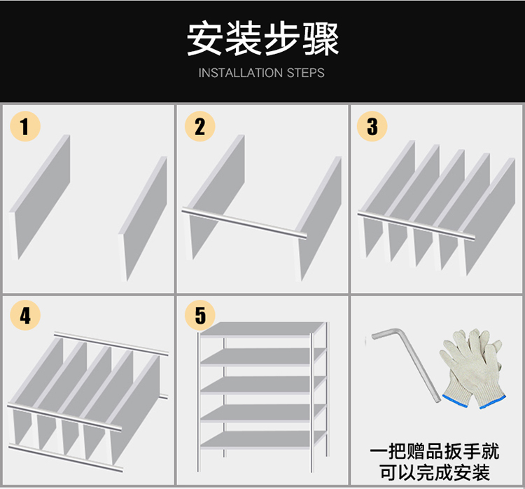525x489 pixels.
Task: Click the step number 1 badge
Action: tap(25, 127)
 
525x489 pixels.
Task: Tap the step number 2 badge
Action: tap(200, 127)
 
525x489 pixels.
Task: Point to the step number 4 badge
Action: tap(25, 315)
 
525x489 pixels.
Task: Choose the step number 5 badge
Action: tap(200, 315)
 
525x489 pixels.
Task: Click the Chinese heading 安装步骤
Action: tap(262, 39)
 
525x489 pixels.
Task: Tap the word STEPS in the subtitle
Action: tap(306, 73)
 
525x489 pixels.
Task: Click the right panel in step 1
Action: tap(144, 217)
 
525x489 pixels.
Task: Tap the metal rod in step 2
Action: tap(245, 223)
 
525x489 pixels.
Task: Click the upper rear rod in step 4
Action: tap(112, 343)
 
